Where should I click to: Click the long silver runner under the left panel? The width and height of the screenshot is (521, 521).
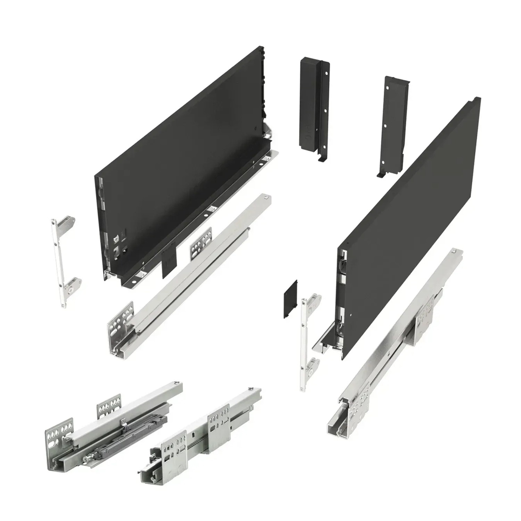pyautogui.click(x=195, y=271)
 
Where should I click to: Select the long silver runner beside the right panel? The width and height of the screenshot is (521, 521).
pyautogui.click(x=399, y=340)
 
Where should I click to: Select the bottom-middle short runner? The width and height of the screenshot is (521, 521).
pyautogui.click(x=201, y=438)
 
